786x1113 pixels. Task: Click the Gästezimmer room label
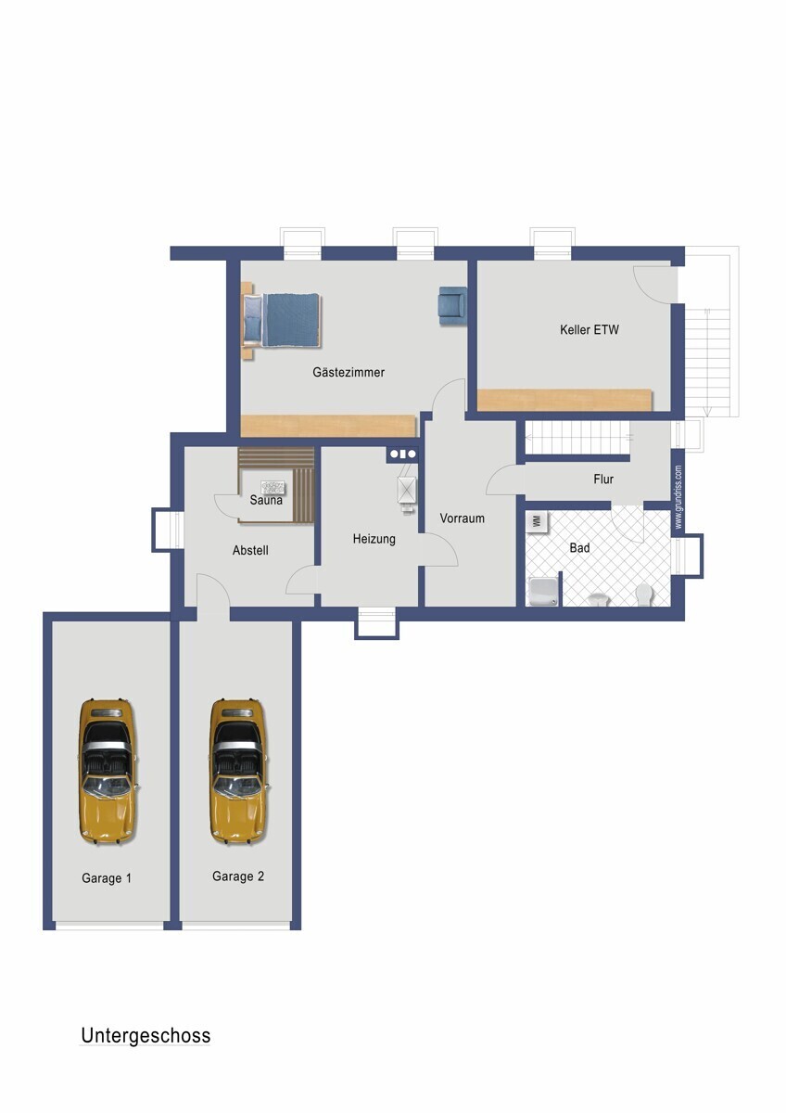349,372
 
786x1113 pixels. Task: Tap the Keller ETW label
589,330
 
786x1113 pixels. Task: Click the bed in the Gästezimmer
282,320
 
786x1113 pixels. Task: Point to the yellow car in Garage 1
107,772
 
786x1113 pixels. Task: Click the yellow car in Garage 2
238,772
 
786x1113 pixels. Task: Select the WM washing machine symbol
538,521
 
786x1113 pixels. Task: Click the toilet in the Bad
644,594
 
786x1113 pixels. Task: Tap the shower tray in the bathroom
543,591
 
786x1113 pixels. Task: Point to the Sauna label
266,500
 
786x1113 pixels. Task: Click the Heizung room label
374,539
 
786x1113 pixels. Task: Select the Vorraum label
462,518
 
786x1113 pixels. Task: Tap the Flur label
603,480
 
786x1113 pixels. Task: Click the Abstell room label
250,551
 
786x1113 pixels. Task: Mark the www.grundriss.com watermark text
678,497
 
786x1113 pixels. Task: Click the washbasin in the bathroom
599,599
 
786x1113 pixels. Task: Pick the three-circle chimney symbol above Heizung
402,454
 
